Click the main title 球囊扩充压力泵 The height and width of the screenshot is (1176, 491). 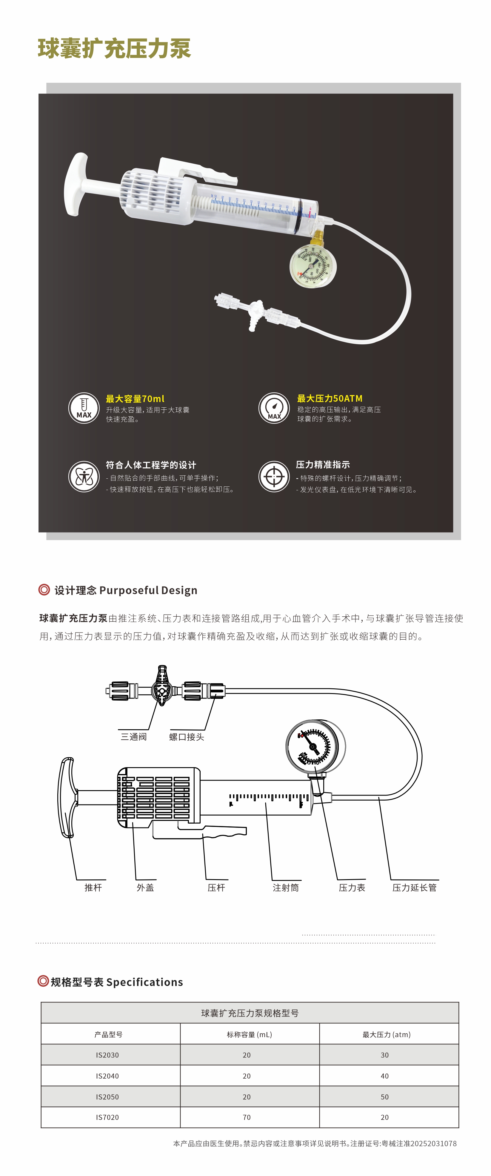coord(114,48)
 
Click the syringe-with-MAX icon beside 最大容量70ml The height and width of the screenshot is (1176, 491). coord(84,408)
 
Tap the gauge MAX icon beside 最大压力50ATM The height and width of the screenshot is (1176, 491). coord(274,408)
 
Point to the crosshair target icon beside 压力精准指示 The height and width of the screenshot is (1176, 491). coord(274,476)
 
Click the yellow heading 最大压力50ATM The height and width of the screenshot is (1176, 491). coord(330,399)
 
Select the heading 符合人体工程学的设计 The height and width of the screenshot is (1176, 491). coord(151,465)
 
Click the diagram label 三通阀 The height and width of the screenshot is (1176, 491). coord(134,737)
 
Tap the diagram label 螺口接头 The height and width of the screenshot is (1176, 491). coord(187,737)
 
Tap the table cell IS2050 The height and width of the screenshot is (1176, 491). coord(107,1097)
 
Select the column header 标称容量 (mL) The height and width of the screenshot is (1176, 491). coord(250,1034)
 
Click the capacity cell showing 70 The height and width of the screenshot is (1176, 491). coord(247,1117)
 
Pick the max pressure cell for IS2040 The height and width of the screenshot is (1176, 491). coord(385,1076)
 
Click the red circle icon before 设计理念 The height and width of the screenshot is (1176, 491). coord(44,590)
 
